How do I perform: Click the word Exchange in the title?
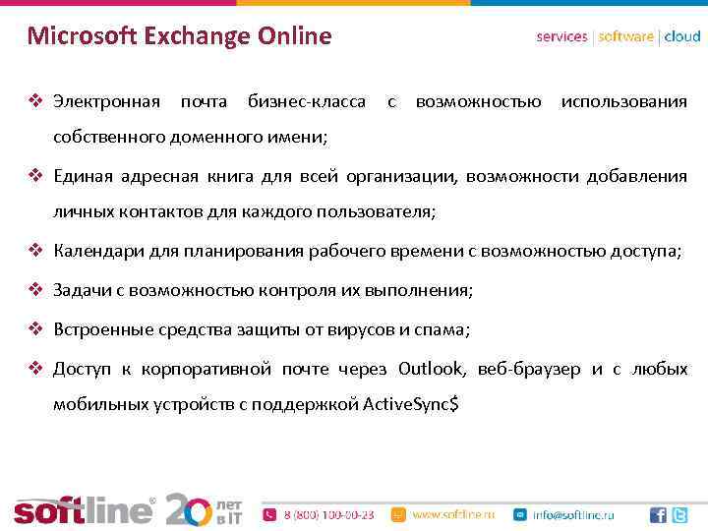point(196,37)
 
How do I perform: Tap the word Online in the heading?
point(295,37)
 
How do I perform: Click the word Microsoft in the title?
point(82,37)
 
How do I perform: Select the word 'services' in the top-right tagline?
point(561,36)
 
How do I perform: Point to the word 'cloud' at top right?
point(682,36)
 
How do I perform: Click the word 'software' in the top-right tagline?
point(625,36)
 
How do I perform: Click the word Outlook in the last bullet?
point(432,369)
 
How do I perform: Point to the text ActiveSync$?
point(410,404)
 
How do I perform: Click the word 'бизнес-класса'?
point(307,101)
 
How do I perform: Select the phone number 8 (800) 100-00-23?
point(328,514)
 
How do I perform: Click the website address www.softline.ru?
point(453,514)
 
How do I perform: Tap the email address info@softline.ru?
point(573,514)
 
